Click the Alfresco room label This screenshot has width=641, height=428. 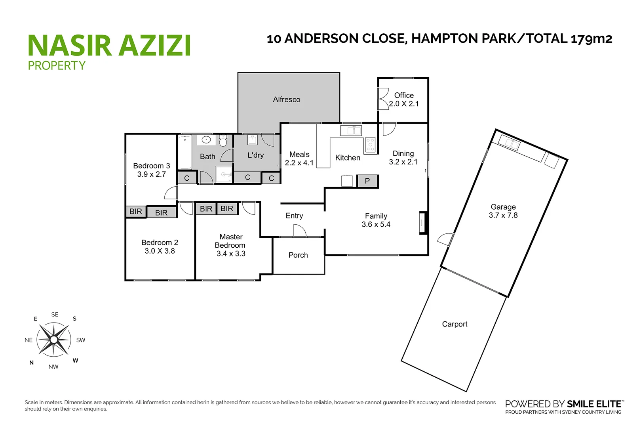(286, 99)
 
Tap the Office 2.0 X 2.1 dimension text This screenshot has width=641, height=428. (403, 104)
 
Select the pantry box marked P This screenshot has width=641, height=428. (367, 181)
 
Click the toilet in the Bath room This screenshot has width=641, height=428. (223, 141)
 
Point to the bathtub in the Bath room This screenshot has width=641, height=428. (185, 152)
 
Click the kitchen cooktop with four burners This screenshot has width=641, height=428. (370, 145)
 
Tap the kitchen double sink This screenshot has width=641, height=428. (351, 130)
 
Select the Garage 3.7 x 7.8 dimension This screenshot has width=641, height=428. (503, 216)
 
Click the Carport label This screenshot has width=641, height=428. (455, 324)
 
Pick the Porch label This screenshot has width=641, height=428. (298, 255)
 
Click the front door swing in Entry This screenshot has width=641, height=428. (300, 231)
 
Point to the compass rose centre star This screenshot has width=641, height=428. (54, 340)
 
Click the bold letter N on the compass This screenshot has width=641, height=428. (32, 363)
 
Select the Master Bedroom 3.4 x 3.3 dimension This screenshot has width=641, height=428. (231, 254)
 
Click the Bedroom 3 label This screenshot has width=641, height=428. (151, 166)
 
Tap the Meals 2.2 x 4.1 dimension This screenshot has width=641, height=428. (299, 163)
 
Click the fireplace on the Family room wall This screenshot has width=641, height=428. (423, 223)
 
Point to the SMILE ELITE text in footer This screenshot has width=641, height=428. (594, 404)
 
